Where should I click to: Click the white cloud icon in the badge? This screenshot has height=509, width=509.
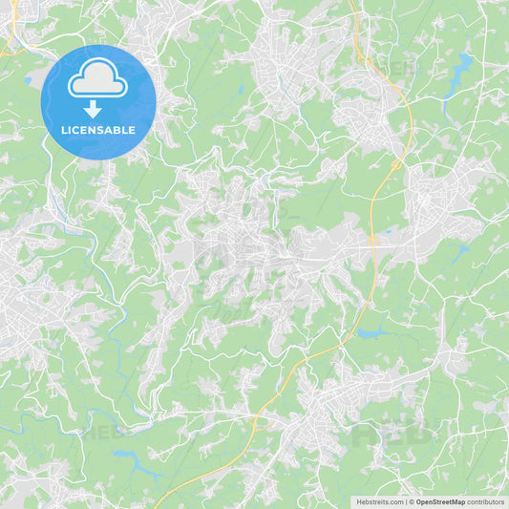tap(98, 81)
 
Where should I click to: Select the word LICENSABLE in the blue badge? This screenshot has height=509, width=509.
tap(98, 130)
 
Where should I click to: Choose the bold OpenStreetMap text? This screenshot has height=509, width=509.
tap(440, 501)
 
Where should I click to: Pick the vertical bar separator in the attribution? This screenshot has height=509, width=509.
tap(408, 501)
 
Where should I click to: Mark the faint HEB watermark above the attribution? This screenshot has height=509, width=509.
tap(387, 435)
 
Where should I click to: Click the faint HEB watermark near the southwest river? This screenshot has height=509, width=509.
tap(100, 430)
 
